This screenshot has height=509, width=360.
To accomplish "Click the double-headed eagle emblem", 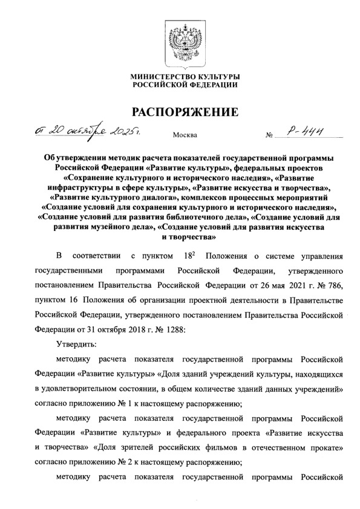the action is tap(180, 40).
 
